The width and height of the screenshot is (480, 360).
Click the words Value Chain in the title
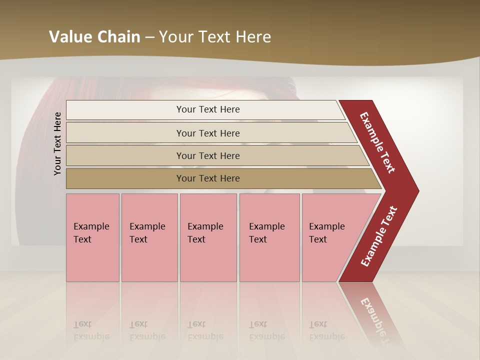(x=94, y=37)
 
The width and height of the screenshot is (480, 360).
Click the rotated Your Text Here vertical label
(x=57, y=143)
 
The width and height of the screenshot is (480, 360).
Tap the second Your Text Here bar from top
(x=208, y=133)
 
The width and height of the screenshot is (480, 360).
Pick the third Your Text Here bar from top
(x=208, y=155)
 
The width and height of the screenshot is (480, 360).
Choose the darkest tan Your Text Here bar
(x=208, y=178)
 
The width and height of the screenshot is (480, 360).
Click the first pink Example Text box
(x=92, y=237)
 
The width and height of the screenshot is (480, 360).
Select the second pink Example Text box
(x=149, y=237)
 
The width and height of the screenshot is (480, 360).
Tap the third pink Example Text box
(x=208, y=237)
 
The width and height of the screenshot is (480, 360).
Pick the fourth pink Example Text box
(x=269, y=237)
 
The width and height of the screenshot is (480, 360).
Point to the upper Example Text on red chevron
(x=377, y=142)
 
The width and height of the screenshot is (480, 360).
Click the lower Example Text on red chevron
(x=379, y=236)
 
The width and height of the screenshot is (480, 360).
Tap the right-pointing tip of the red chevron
(x=416, y=191)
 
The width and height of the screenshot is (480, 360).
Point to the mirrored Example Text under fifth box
(x=326, y=330)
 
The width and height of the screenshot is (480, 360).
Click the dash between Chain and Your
(x=149, y=37)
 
